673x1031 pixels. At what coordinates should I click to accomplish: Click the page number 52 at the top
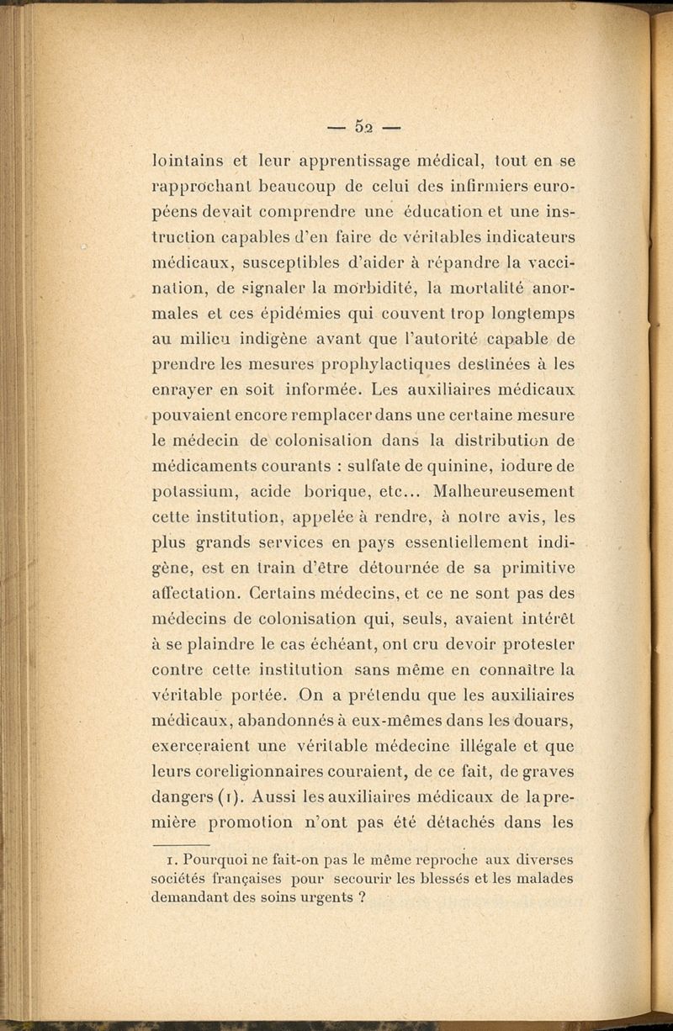tap(364, 127)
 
